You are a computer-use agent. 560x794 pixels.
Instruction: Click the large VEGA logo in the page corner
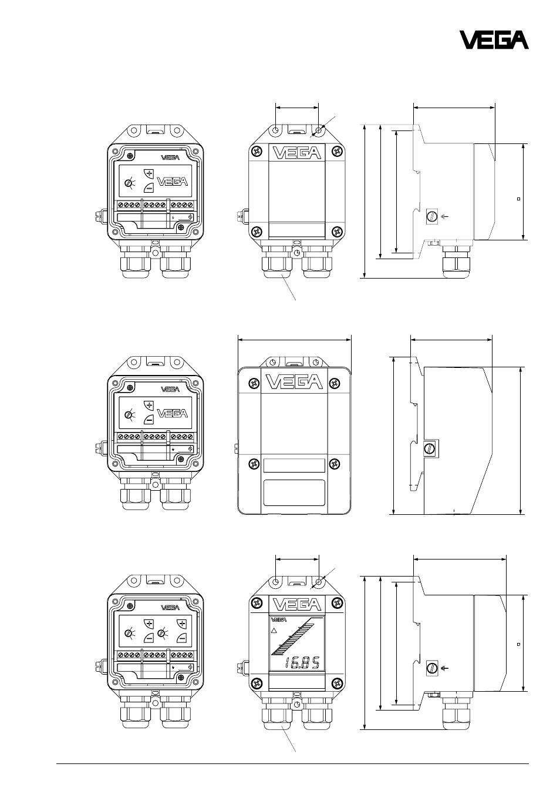(x=494, y=40)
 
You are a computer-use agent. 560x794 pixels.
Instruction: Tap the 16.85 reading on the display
(x=302, y=662)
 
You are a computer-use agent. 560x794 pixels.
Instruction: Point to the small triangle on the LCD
(x=273, y=631)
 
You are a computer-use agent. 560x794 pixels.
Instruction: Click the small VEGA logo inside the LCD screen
(x=278, y=620)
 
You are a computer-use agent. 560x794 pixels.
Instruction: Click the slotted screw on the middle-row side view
(x=430, y=449)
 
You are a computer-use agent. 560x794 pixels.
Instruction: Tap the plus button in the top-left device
(x=149, y=173)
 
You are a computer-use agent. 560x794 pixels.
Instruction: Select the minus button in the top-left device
(x=149, y=188)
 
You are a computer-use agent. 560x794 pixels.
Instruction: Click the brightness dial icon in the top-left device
(x=130, y=183)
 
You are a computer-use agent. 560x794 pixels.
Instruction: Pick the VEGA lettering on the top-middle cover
(x=296, y=153)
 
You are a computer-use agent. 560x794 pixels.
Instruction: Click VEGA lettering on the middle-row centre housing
(x=294, y=382)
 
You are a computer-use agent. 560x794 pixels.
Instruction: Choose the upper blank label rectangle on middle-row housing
(x=294, y=465)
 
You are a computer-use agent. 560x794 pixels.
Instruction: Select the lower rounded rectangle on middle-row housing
(x=295, y=493)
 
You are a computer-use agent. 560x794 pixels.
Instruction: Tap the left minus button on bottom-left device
(x=149, y=638)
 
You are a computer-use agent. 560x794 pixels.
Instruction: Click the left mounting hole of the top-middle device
(x=276, y=130)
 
